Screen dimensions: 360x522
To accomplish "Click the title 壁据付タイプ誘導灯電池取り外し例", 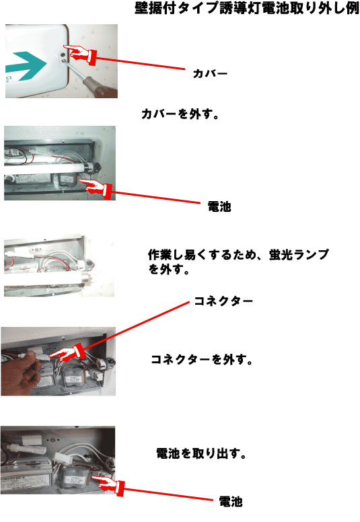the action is pyautogui.click(x=247, y=8).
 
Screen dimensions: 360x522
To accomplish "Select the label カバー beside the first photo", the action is pyautogui.click(x=210, y=73).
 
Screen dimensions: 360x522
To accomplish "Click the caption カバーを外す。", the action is pyautogui.click(x=180, y=114).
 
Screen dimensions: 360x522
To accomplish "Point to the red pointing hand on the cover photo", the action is pyautogui.click(x=80, y=53).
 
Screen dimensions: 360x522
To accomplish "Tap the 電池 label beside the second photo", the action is pyautogui.click(x=219, y=207).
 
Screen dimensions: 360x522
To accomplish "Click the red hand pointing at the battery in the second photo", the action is pyautogui.click(x=96, y=188).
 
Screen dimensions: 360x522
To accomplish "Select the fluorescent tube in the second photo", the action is pyautogui.click(x=48, y=167).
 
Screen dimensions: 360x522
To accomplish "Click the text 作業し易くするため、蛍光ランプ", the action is pyautogui.click(x=238, y=255).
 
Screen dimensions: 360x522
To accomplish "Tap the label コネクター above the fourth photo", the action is pyautogui.click(x=223, y=301).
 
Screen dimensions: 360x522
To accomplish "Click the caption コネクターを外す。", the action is pyautogui.click(x=202, y=359).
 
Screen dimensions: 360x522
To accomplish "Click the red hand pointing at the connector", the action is pyautogui.click(x=67, y=354).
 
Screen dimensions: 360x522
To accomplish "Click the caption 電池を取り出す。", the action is pyautogui.click(x=201, y=453).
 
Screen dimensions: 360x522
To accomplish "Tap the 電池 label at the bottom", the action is pyautogui.click(x=230, y=502).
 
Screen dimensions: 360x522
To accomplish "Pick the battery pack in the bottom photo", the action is pyautogui.click(x=74, y=476).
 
